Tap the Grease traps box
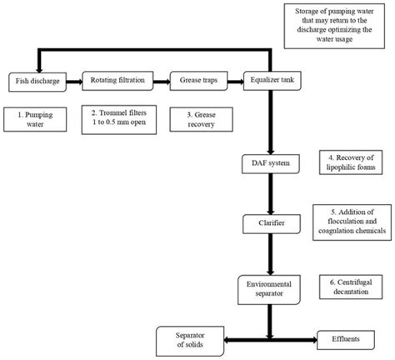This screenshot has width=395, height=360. click(197, 81)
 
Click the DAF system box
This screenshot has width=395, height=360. click(268, 162)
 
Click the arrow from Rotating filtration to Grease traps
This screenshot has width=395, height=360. click(157, 81)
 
